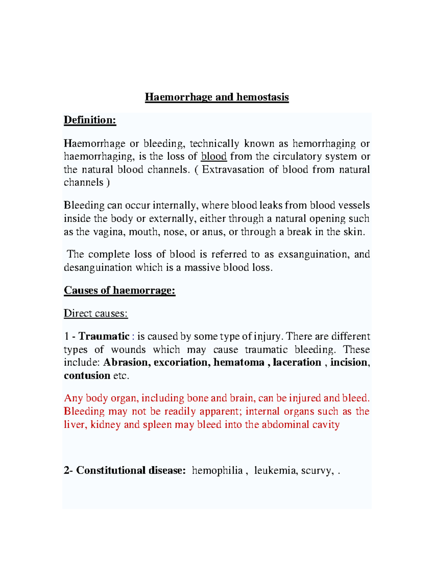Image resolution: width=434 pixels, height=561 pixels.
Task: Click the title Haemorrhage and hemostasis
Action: point(217,97)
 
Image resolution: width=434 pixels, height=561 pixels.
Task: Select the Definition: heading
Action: point(90,120)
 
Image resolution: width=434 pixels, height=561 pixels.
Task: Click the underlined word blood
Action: point(214,156)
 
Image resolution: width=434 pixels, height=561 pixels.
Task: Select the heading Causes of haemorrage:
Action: point(119,290)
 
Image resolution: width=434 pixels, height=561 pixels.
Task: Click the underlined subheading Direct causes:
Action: point(95,313)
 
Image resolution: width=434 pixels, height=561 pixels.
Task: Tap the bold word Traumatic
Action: point(104,336)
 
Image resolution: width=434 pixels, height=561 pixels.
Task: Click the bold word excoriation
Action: point(182,362)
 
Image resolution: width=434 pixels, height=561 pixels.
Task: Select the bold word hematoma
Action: point(239,362)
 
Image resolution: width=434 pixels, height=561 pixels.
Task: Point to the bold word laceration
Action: point(297,362)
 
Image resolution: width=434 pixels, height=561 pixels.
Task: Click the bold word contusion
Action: point(87,376)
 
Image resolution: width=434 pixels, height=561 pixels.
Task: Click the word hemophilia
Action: point(217,470)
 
